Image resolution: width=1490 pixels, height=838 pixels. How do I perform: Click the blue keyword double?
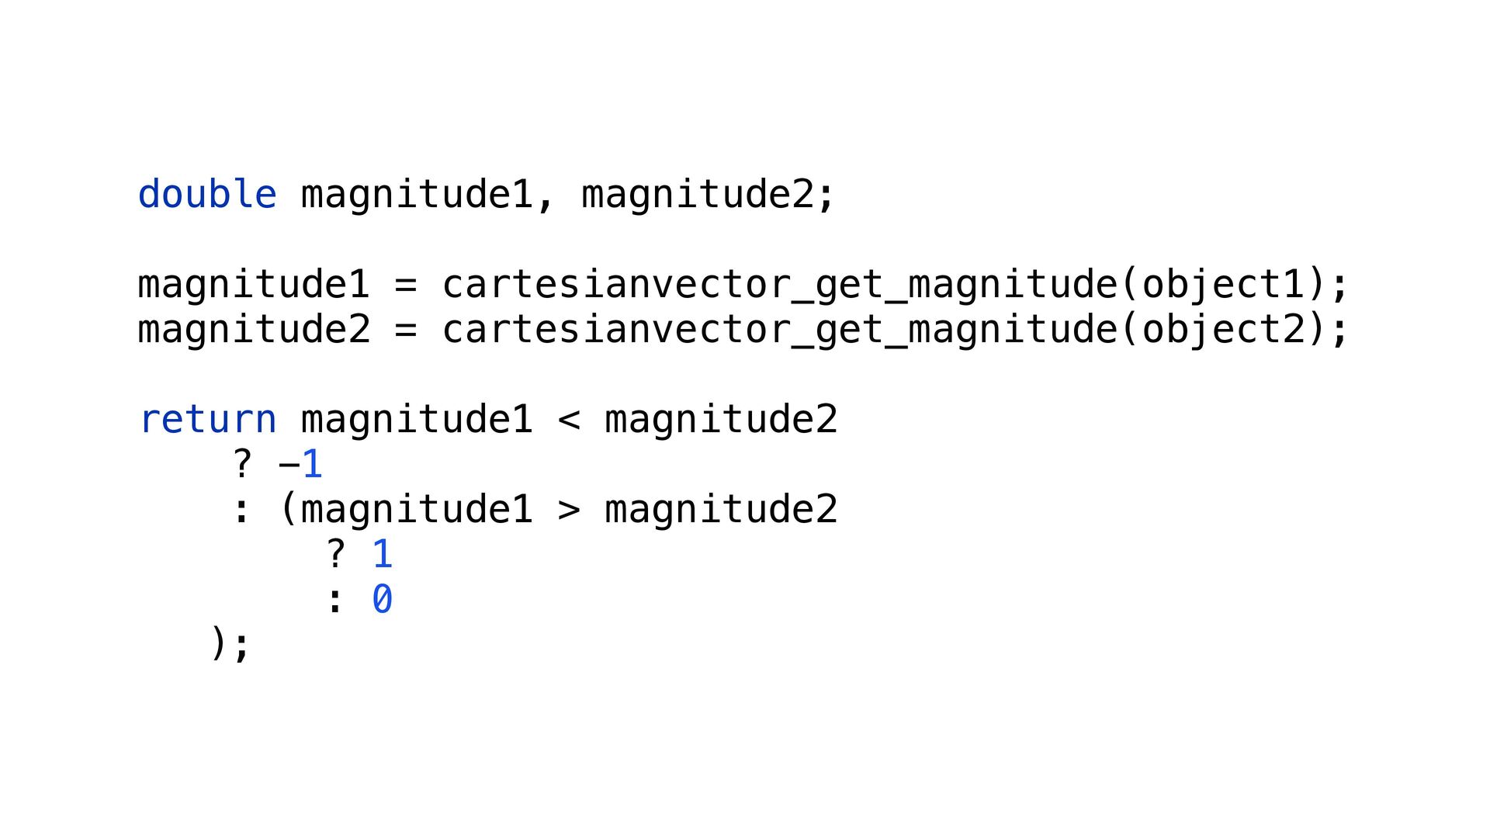[x=206, y=194]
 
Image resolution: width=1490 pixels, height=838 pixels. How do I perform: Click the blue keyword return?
[x=208, y=420]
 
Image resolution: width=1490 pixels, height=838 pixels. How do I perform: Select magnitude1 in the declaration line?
[x=417, y=194]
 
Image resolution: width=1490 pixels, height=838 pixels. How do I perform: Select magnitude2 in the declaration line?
[x=698, y=194]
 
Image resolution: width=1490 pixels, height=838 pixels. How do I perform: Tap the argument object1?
[x=1223, y=285]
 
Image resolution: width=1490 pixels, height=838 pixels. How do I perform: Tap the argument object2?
[x=1223, y=330]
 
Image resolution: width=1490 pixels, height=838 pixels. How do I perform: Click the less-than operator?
[x=569, y=420]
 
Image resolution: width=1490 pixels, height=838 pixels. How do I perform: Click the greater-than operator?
[x=569, y=510]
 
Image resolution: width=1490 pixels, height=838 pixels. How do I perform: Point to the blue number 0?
[x=382, y=600]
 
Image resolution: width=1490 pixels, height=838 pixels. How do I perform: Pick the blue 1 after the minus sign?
[x=312, y=465]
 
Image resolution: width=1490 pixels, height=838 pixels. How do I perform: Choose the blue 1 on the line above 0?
[x=382, y=555]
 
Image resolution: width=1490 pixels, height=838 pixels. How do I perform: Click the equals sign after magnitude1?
[x=405, y=285]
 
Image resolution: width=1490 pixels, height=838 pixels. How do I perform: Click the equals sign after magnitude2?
[x=405, y=330]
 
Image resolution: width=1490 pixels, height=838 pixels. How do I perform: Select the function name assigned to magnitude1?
[x=779, y=285]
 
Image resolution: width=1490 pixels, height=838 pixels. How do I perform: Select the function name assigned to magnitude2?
[x=779, y=330]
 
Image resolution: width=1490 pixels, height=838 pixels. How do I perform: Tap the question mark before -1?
[x=242, y=465]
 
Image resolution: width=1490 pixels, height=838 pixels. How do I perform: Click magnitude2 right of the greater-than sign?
[x=721, y=510]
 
